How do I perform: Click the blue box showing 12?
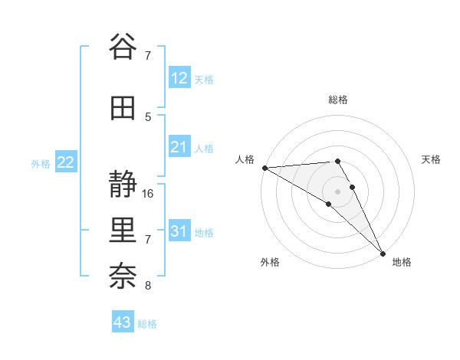(x=179, y=78)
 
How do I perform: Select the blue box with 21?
(x=179, y=147)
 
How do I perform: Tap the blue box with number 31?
(x=179, y=231)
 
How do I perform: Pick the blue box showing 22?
(x=66, y=162)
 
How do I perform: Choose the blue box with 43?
(x=123, y=322)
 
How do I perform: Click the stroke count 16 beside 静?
(x=149, y=194)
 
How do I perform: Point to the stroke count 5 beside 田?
(x=149, y=116)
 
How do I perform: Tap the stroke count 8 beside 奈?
(x=149, y=286)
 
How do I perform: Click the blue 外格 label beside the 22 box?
(x=41, y=163)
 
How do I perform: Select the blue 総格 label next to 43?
(x=147, y=324)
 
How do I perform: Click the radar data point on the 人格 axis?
(x=264, y=168)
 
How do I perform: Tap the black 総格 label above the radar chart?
(x=338, y=100)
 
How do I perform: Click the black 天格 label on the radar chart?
(x=432, y=159)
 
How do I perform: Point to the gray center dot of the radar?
(x=338, y=191)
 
